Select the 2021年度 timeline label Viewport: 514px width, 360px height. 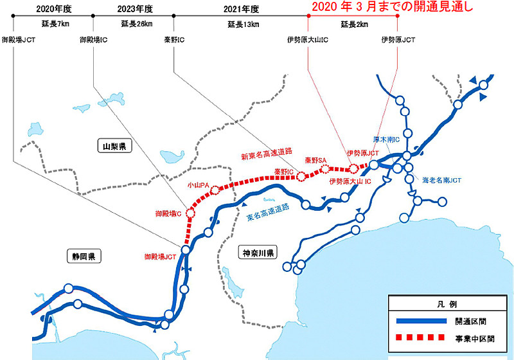point(242,9)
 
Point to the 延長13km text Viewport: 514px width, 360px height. point(241,24)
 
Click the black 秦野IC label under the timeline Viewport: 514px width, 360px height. point(174,40)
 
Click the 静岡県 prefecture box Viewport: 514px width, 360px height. point(84,257)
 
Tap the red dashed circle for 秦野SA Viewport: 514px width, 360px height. point(325,169)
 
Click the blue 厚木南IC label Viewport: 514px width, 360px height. point(387,139)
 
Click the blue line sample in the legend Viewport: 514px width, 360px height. point(418,321)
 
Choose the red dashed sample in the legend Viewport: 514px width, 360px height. point(418,337)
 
